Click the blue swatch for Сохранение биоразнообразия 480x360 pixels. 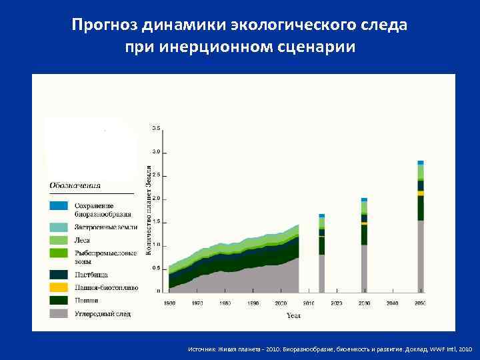pyautogui.click(x=59, y=205)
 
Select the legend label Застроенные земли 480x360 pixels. pyautogui.click(x=105, y=227)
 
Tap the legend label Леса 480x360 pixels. pyautogui.click(x=83, y=240)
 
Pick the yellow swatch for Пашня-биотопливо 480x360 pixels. pyautogui.click(x=59, y=287)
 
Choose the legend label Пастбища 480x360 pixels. pyautogui.click(x=91, y=275)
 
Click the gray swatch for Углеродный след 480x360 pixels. pyautogui.click(x=59, y=313)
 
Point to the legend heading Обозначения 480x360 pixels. pyautogui.click(x=75, y=185)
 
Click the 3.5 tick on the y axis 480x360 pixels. pyautogui.click(x=156, y=127)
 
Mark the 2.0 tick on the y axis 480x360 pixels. pyautogui.click(x=156, y=199)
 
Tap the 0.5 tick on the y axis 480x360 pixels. pyautogui.click(x=156, y=268)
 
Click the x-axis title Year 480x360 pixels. pyautogui.click(x=294, y=315)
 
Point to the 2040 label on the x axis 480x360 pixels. pyautogui.click(x=392, y=303)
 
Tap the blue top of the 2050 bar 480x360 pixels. pyautogui.click(x=421, y=162)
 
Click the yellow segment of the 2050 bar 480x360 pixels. pyautogui.click(x=421, y=193)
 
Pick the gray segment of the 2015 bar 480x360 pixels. pyautogui.click(x=322, y=273)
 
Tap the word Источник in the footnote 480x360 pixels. pyautogui.click(x=201, y=349)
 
